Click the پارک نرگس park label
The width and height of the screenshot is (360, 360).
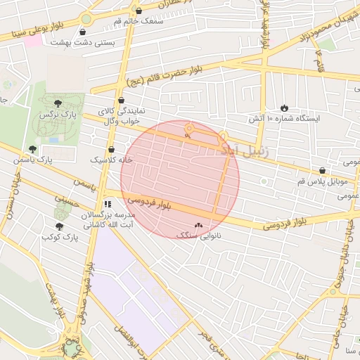point(57,114)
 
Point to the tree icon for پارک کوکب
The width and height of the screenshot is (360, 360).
point(59,226)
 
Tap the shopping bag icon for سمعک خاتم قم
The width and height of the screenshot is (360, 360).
point(139,11)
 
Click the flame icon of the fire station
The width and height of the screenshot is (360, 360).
point(284,108)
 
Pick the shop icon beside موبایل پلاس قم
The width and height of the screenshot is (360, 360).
point(322,170)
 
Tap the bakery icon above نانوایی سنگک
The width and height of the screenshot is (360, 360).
point(198,226)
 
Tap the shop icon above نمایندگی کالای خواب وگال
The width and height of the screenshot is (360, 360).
point(122,101)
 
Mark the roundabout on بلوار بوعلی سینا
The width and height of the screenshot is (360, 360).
point(86,19)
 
